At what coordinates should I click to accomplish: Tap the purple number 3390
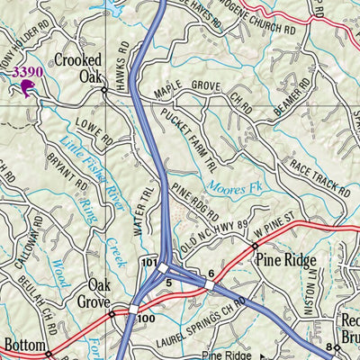click(x=27, y=70)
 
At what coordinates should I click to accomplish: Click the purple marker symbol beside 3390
click(x=27, y=86)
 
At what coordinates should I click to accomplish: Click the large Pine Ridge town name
click(x=286, y=261)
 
